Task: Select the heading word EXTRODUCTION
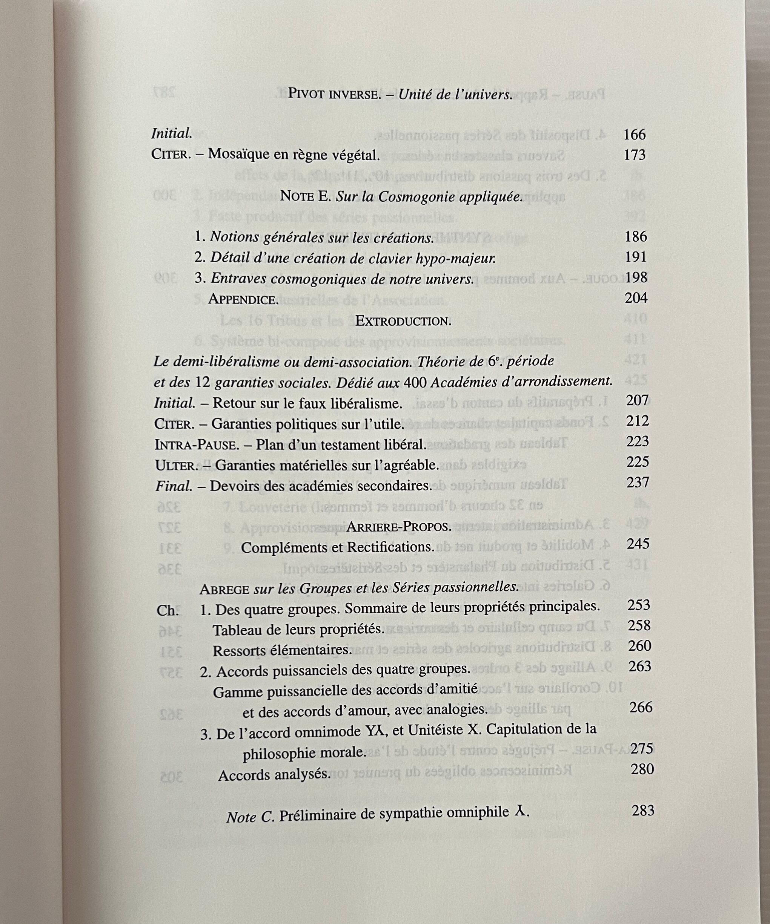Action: point(403,321)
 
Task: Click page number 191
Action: point(636,257)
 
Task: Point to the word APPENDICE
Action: point(243,299)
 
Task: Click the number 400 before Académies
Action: point(414,382)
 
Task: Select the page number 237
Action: point(638,483)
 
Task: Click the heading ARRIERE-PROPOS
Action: point(399,527)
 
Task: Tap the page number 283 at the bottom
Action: point(643,811)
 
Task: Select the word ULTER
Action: point(174,466)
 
